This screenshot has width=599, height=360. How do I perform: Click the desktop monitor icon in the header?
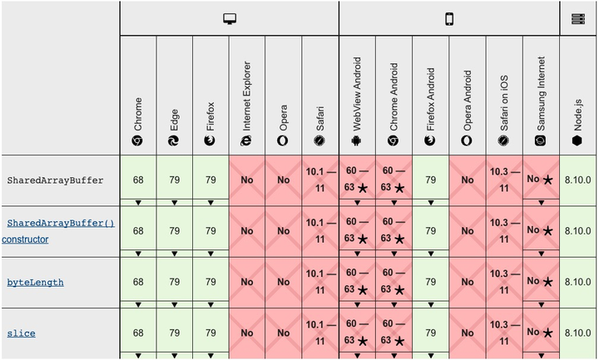[x=230, y=18]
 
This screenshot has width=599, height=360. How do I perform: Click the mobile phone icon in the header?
[x=449, y=18]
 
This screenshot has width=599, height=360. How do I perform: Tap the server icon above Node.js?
[x=578, y=18]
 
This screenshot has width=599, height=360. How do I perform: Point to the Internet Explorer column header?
[x=247, y=108]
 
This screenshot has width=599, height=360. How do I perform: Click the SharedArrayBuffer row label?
[x=55, y=180]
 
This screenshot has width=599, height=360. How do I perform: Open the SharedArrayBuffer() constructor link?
[x=61, y=224]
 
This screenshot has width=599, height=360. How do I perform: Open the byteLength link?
[x=36, y=282]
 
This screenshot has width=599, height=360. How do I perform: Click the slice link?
[x=21, y=333]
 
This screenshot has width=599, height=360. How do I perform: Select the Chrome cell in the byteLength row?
[x=138, y=282]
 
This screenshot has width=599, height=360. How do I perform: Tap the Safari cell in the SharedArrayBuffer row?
[x=320, y=180]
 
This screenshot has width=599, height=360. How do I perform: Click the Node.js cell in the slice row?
[x=577, y=333]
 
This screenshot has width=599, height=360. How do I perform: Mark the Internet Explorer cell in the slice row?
[x=247, y=333]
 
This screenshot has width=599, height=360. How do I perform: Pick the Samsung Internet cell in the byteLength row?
[x=541, y=282]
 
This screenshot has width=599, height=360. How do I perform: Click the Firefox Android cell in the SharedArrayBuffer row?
[x=431, y=180]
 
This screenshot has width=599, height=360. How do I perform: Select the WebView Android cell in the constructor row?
[x=357, y=230]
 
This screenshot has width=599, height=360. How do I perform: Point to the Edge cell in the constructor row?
[x=174, y=230]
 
